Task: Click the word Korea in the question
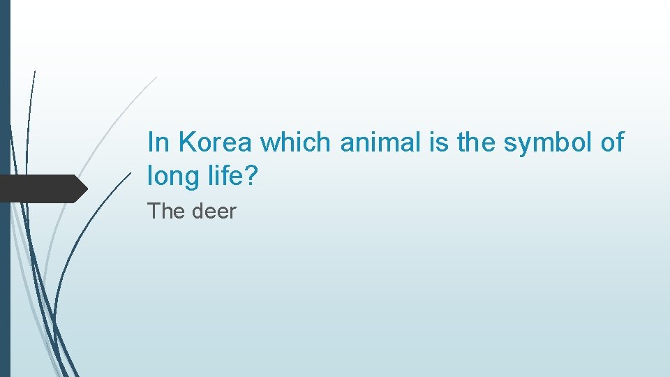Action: pos(216,142)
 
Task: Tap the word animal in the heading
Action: pos(378,142)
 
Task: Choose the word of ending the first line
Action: pos(612,142)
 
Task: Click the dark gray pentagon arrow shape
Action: pos(42,188)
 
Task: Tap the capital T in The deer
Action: pos(154,211)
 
